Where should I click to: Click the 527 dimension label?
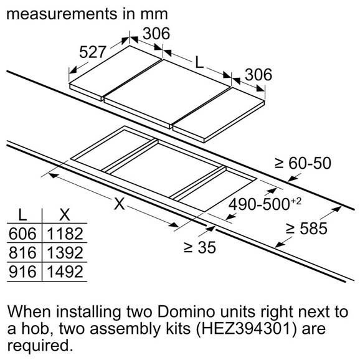tap(93, 52)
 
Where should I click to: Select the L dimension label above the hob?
tap(199, 62)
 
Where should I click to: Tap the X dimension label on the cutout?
tap(120, 204)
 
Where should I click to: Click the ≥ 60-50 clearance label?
tap(303, 163)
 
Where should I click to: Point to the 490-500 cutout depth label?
tap(258, 204)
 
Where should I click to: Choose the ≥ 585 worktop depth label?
tap(306, 229)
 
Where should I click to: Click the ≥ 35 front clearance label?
tap(200, 247)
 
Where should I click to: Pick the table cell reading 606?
tap(22, 234)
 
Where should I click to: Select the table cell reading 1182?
tap(65, 234)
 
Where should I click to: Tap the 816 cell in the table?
tap(22, 253)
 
